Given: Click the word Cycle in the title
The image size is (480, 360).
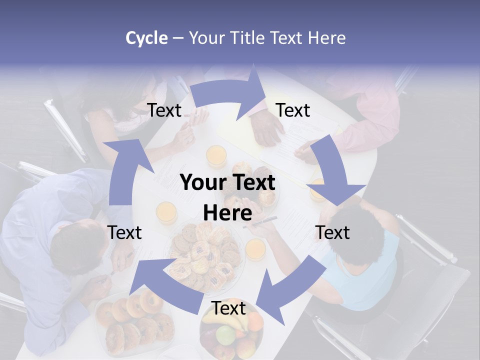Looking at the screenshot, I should point(146,38).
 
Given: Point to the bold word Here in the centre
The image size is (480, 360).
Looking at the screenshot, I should point(227,213).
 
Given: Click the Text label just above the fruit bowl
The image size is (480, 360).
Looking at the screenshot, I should point(228,308).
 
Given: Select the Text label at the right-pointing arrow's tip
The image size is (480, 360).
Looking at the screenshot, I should point(293,110).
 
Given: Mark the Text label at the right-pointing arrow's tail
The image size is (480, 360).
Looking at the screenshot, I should point(164,110).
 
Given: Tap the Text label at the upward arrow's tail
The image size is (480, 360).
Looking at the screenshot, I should point(124,232).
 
